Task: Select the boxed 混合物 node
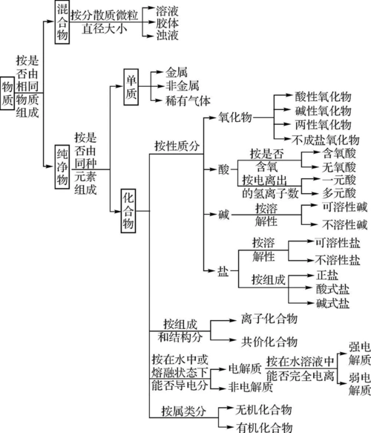pos(62,22)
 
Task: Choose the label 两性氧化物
pos(321,123)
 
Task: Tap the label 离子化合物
pos(268,319)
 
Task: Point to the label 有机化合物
pos(263,426)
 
